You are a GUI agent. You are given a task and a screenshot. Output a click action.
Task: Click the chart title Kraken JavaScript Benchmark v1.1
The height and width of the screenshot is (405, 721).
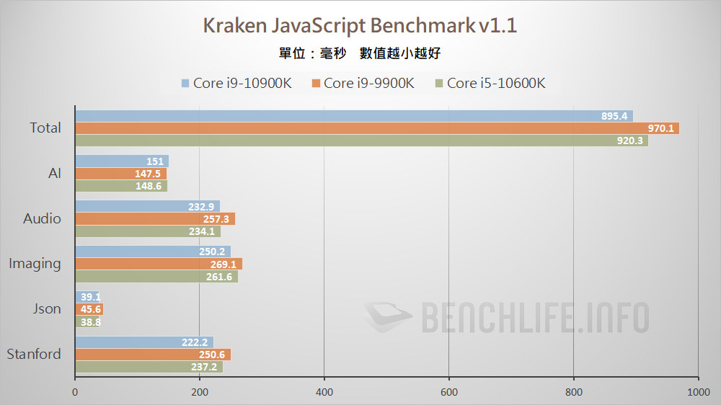(360, 26)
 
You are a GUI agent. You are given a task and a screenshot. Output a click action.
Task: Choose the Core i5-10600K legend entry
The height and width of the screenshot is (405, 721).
(490, 83)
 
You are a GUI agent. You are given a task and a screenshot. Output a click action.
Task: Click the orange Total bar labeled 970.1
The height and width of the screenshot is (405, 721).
(377, 128)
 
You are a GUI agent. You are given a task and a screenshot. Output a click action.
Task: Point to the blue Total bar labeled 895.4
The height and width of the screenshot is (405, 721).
(353, 116)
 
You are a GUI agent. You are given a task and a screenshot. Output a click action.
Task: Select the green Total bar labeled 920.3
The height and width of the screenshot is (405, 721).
(361, 141)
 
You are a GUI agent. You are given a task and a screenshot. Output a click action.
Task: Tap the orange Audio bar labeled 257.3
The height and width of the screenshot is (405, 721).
(155, 219)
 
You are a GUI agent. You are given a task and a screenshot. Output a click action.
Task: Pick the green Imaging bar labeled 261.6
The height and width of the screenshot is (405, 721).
(156, 277)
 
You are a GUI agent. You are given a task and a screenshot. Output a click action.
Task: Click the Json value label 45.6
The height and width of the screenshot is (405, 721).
(91, 310)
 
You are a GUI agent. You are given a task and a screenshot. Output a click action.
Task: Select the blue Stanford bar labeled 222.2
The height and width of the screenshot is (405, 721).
(144, 342)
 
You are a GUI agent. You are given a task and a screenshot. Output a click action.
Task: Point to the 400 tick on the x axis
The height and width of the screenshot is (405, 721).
(324, 392)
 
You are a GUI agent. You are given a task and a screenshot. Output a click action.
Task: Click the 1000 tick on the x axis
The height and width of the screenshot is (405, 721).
(697, 392)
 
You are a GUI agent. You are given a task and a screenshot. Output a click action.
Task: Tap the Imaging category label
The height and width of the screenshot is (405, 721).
(35, 264)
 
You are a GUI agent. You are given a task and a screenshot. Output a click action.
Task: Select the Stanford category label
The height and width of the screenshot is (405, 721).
(34, 354)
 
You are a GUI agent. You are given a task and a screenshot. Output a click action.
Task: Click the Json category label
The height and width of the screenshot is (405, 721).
(48, 309)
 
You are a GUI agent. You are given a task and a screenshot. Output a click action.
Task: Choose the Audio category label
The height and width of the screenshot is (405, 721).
(42, 218)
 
